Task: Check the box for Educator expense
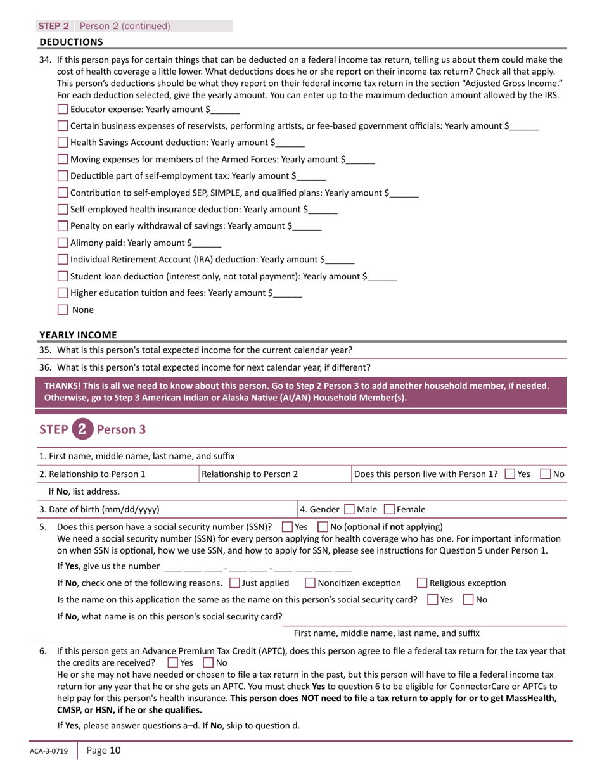(x=63, y=109)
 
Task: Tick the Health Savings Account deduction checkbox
(x=63, y=142)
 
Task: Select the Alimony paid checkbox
(x=63, y=243)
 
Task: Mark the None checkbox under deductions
(x=63, y=310)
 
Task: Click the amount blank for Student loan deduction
(x=382, y=277)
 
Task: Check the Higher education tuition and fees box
(x=63, y=293)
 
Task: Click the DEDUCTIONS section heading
(x=71, y=42)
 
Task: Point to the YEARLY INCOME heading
(x=78, y=334)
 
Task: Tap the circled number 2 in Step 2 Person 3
(x=82, y=429)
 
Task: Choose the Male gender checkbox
(x=349, y=509)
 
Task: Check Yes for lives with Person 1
(x=510, y=474)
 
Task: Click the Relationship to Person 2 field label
(x=250, y=474)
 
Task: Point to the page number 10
(x=103, y=751)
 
